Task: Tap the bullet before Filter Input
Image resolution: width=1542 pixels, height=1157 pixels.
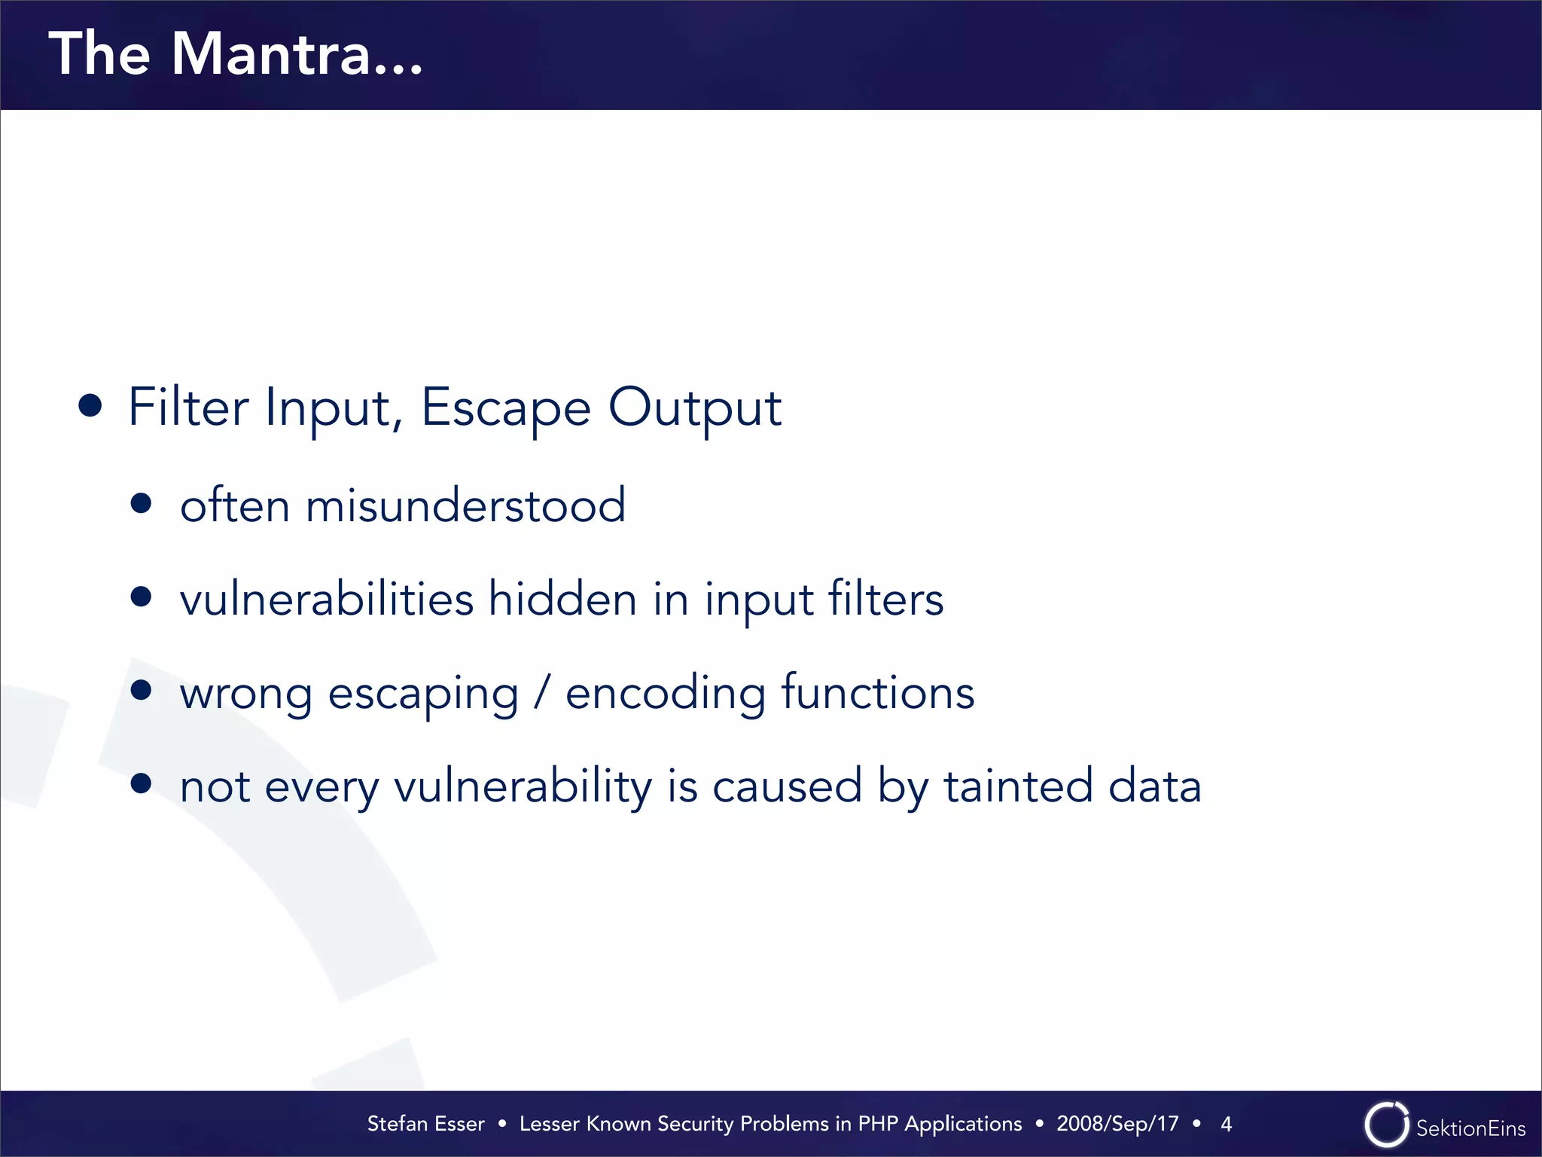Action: click(90, 406)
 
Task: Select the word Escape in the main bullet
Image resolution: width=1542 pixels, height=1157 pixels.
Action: click(505, 408)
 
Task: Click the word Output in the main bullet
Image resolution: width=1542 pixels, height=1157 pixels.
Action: click(694, 408)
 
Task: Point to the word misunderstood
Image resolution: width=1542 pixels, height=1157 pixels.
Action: click(465, 505)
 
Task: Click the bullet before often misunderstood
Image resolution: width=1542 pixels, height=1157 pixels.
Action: click(141, 503)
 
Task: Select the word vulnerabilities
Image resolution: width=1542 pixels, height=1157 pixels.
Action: click(327, 599)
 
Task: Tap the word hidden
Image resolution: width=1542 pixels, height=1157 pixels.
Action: click(562, 599)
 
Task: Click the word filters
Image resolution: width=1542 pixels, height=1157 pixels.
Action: click(885, 599)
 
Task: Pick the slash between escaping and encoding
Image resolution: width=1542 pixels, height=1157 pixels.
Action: click(542, 692)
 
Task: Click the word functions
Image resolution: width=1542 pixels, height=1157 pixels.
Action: click(878, 692)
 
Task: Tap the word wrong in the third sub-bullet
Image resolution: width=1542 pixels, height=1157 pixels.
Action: click(245, 694)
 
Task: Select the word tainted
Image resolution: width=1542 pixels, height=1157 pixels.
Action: click(1018, 786)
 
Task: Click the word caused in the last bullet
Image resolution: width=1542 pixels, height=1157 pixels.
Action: click(787, 786)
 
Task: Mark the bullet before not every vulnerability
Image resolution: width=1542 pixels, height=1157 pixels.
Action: click(141, 783)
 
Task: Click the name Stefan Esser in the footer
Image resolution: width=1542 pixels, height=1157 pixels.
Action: click(425, 1124)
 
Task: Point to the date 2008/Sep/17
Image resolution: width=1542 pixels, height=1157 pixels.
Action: click(1117, 1124)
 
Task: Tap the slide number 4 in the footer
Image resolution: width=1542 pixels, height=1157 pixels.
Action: click(1226, 1124)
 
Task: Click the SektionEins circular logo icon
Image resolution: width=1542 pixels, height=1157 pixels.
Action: click(1386, 1125)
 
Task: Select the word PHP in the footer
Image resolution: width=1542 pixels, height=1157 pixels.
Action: click(878, 1124)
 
